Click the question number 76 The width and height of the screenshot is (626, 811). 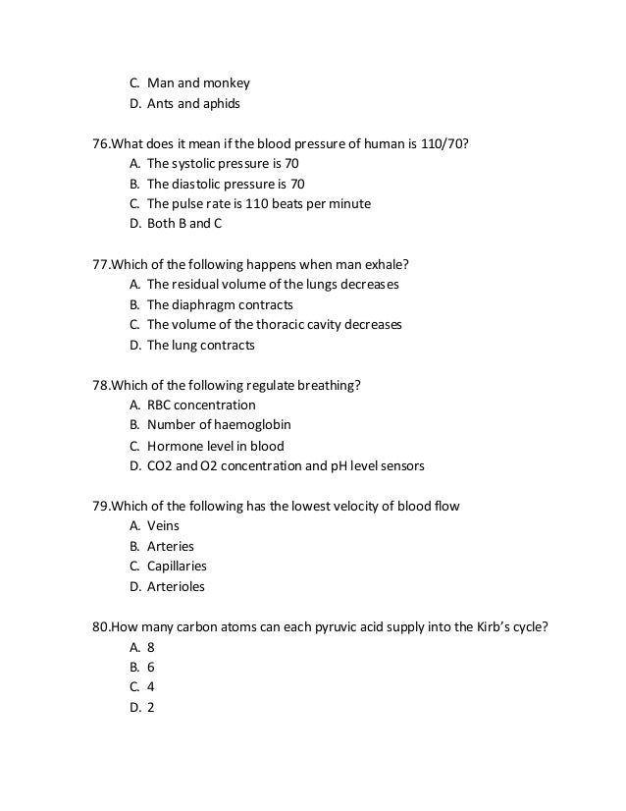(x=100, y=142)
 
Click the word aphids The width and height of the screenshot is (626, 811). (x=220, y=103)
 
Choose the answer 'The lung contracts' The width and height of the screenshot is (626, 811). (x=200, y=346)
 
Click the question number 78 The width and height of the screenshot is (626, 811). (x=100, y=385)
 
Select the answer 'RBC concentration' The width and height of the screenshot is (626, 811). (x=201, y=405)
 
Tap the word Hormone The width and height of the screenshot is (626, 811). (x=175, y=446)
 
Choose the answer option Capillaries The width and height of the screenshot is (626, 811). (x=177, y=567)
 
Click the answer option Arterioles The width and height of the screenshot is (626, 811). (x=176, y=587)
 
